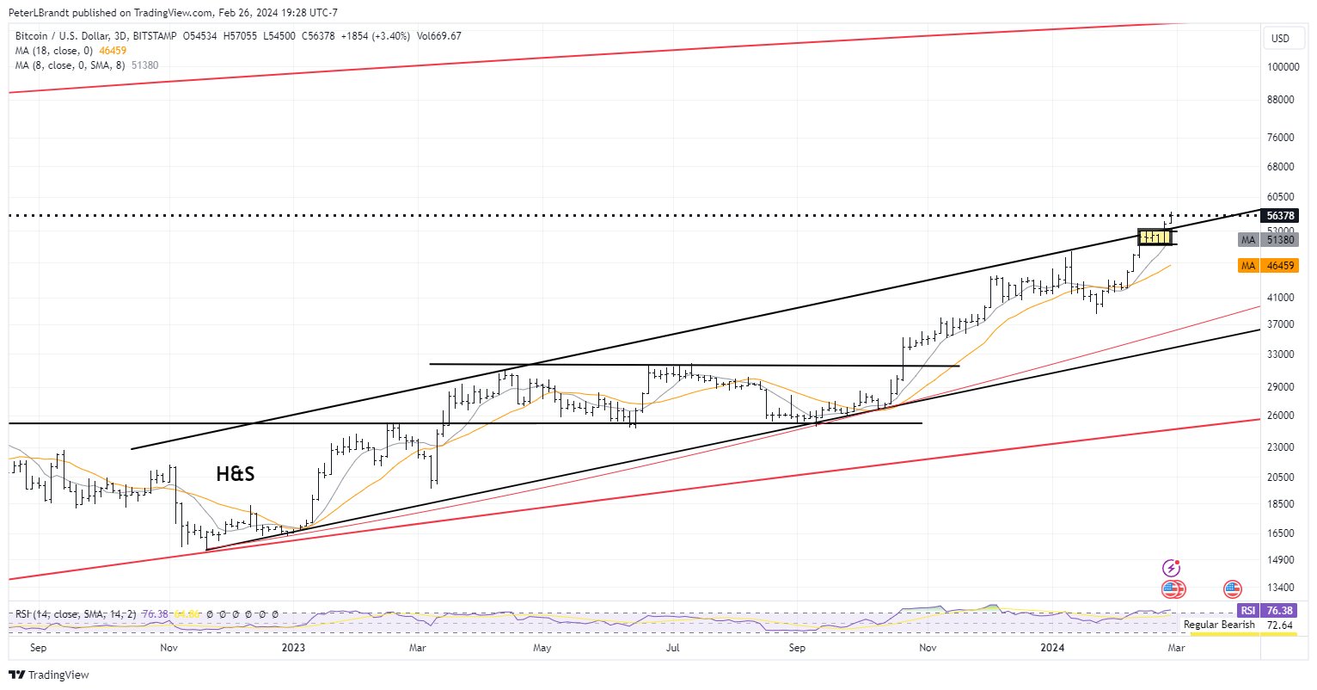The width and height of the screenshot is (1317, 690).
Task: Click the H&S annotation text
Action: pos(235,473)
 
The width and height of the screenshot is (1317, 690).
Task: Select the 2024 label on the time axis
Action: pos(1052,647)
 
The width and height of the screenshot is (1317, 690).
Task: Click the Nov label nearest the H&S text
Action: pos(168,647)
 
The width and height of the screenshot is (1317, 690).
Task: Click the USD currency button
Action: pos(1280,39)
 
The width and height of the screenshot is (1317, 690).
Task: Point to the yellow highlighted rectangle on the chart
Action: pos(1157,237)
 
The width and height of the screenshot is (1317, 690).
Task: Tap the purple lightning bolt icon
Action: pos(1171,568)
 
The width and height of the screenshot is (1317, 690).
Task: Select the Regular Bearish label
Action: pos(1219,625)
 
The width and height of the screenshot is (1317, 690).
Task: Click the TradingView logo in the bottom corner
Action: pos(49,675)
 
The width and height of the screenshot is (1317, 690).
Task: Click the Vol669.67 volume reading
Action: pos(438,36)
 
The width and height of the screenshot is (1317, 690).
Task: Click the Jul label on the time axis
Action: pos(673,647)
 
